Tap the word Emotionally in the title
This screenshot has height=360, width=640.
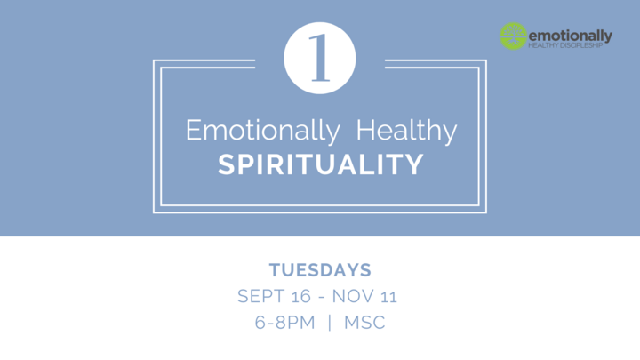point(262,132)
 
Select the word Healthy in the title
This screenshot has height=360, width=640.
point(406,132)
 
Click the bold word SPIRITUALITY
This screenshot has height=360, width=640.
point(321,165)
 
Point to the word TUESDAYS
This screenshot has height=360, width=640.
point(320,269)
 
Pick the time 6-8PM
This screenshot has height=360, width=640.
point(284,322)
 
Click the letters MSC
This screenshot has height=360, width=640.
point(368,322)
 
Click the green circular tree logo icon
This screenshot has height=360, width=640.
point(513,36)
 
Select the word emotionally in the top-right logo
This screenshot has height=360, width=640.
point(570,33)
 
